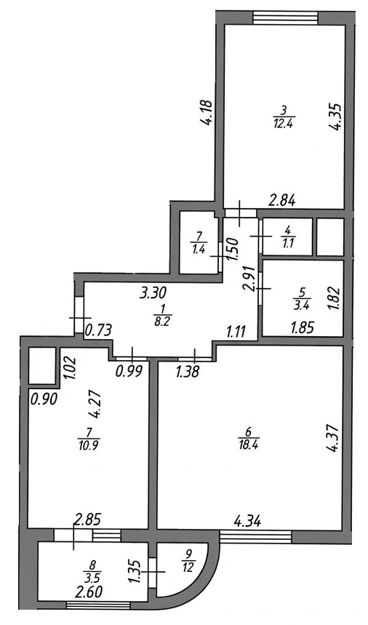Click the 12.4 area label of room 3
[x=284, y=124]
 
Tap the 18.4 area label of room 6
[x=248, y=445]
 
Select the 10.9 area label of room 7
[x=89, y=445]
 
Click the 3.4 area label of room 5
[x=302, y=306]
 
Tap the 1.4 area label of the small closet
[x=199, y=250]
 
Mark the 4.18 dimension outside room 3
[x=208, y=113]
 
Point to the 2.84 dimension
[x=282, y=202]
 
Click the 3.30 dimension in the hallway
[x=153, y=293]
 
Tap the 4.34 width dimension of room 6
[x=247, y=520]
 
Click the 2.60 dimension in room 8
[x=89, y=592]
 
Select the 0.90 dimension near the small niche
[x=44, y=398]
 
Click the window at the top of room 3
[x=286, y=18]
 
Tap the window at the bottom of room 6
[x=255, y=537]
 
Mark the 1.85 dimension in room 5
[x=303, y=327]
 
